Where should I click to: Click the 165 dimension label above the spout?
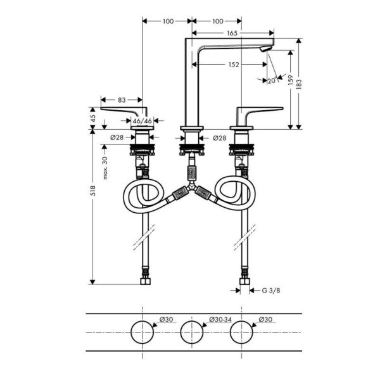(x=232, y=32)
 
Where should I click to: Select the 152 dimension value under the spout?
(x=234, y=64)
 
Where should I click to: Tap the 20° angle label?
(x=271, y=80)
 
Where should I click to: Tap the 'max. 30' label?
(x=106, y=167)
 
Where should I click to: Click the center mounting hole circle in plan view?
(x=192, y=332)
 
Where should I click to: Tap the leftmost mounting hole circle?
(x=142, y=332)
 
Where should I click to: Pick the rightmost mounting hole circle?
(x=242, y=332)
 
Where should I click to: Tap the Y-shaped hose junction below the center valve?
(x=192, y=190)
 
